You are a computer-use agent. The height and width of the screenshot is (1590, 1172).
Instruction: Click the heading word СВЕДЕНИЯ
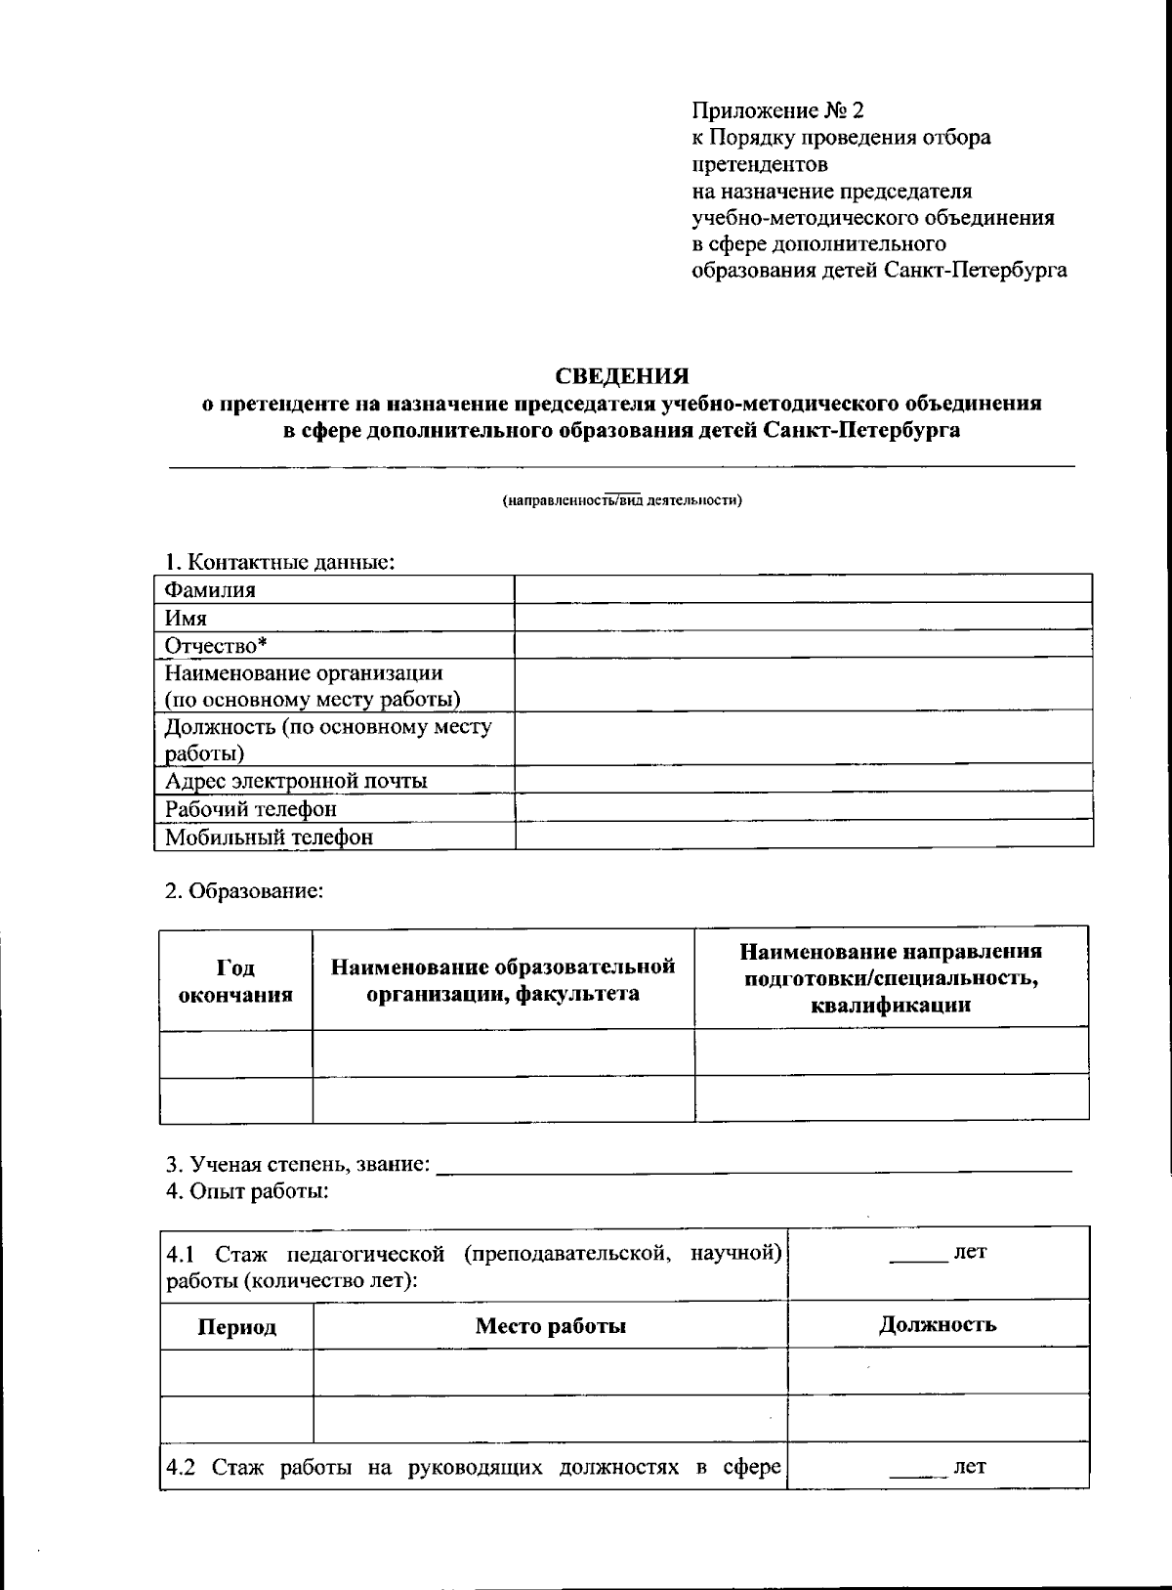[622, 376]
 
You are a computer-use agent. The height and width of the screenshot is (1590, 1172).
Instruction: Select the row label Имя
[186, 618]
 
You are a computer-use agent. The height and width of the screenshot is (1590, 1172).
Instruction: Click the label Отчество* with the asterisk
[216, 645]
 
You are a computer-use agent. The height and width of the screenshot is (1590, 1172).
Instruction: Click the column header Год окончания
[235, 980]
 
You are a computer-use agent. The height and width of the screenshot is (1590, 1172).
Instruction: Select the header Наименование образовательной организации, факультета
[503, 979]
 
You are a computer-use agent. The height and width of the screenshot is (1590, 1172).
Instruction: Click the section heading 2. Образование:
[243, 890]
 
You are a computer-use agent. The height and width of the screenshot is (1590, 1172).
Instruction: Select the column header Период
[236, 1326]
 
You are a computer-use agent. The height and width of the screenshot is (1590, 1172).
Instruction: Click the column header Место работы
[550, 1325]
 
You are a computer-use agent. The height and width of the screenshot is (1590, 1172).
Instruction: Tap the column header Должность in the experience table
[937, 1324]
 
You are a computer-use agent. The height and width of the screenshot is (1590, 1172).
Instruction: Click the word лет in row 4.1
[969, 1252]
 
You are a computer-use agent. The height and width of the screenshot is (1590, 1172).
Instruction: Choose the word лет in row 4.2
[969, 1466]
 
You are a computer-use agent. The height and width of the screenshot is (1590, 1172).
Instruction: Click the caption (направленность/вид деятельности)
[622, 500]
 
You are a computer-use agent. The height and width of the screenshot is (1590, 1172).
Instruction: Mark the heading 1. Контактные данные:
[279, 562]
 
